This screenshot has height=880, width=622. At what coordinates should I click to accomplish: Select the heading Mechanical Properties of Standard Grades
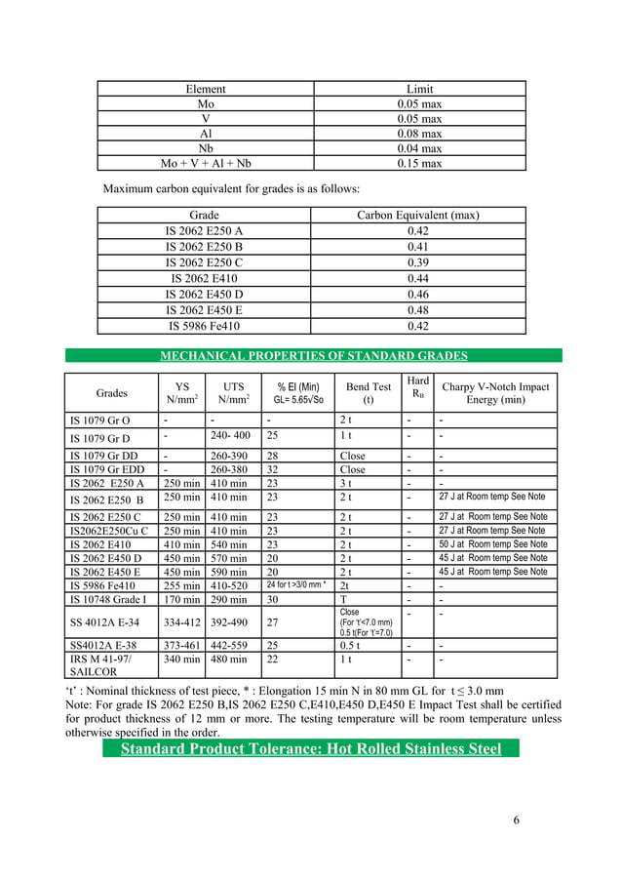coord(314,355)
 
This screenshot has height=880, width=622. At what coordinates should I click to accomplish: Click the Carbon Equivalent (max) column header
coord(418,216)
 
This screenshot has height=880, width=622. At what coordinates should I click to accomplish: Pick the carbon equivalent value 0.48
coord(418,309)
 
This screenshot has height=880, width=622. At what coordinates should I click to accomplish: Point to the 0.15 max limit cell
coord(419,164)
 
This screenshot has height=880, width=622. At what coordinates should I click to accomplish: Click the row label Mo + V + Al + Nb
coord(205,164)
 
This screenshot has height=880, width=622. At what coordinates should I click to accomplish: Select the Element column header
coord(205,89)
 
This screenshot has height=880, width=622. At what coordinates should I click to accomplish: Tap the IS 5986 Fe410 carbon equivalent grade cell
coord(205,326)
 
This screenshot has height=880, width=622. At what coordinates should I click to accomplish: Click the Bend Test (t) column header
coord(369,393)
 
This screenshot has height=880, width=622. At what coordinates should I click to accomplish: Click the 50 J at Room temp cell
coord(492,543)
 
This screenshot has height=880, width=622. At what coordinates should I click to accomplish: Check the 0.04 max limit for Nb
coord(419,148)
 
